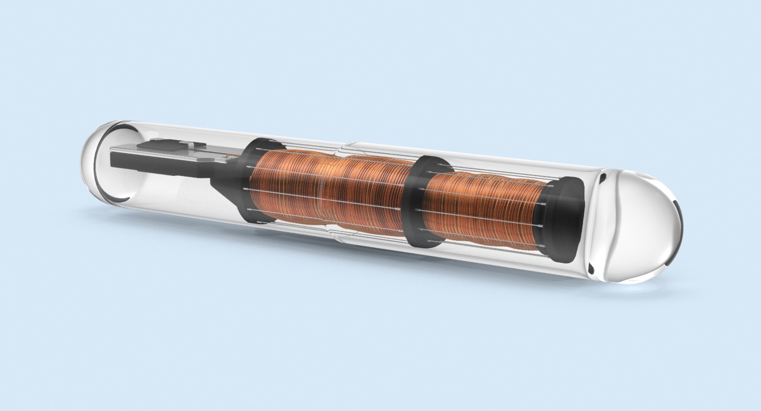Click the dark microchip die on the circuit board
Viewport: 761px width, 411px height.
pos(161,145)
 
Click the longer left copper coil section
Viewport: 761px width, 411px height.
pos(329,190)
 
